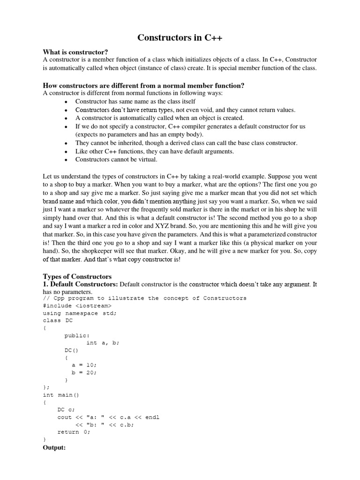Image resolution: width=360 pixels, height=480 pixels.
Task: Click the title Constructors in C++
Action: point(180,38)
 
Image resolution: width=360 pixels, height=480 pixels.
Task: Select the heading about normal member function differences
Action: point(143,85)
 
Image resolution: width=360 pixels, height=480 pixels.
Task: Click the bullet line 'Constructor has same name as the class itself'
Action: point(135,101)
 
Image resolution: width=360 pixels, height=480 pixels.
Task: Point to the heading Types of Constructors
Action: point(77,276)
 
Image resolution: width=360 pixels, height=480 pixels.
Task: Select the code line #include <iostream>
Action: point(77,306)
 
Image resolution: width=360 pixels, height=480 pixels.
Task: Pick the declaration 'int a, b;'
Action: point(103,343)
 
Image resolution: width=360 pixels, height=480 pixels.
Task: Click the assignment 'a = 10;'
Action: point(84,365)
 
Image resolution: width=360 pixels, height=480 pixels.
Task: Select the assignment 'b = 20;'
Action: point(84,372)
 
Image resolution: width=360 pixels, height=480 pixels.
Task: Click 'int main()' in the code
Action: point(61,395)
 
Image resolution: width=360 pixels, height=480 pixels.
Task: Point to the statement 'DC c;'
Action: point(66,410)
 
